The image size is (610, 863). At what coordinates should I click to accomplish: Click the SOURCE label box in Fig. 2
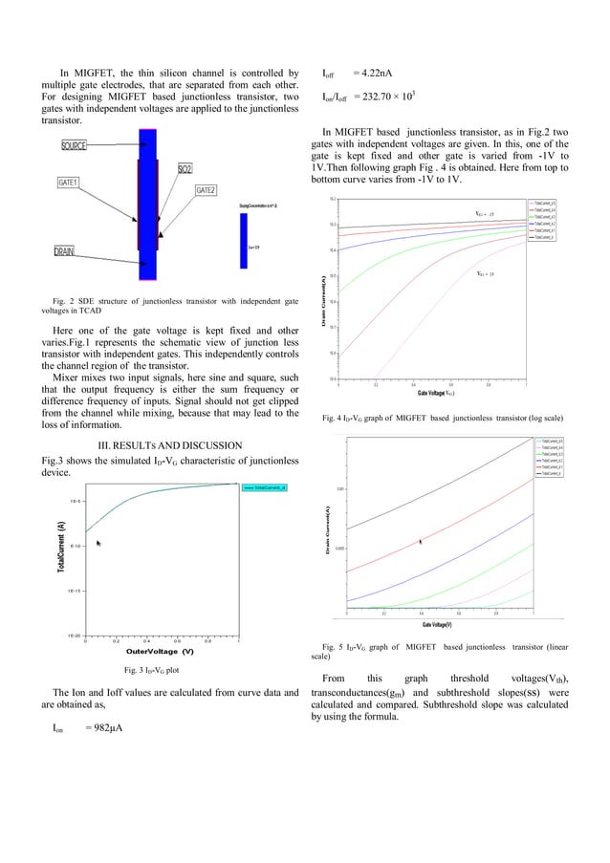[74, 145]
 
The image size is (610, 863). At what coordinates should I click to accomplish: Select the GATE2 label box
[206, 190]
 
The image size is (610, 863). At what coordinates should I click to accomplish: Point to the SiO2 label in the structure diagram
[185, 168]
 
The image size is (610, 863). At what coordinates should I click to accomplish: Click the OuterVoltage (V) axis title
[160, 651]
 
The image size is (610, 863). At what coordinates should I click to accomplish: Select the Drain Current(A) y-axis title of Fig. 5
[327, 534]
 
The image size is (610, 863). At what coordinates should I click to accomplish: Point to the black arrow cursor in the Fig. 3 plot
[98, 543]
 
